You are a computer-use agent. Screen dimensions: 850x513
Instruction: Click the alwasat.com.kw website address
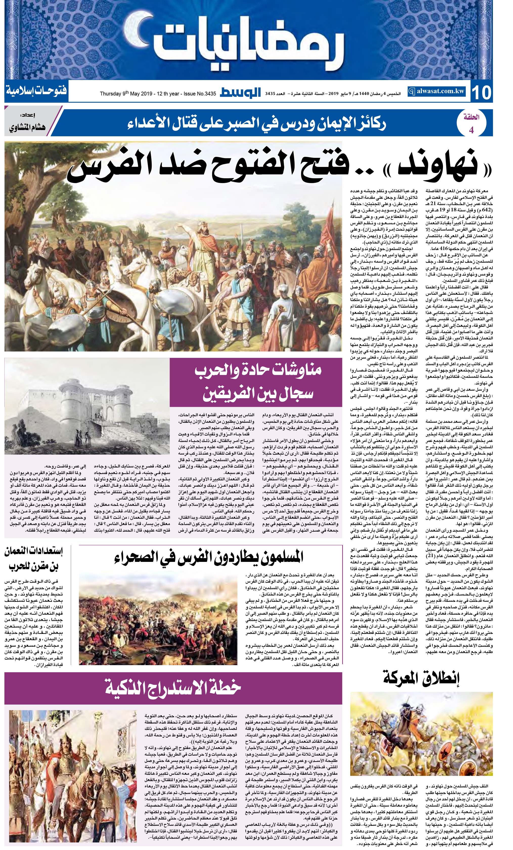(437, 92)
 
